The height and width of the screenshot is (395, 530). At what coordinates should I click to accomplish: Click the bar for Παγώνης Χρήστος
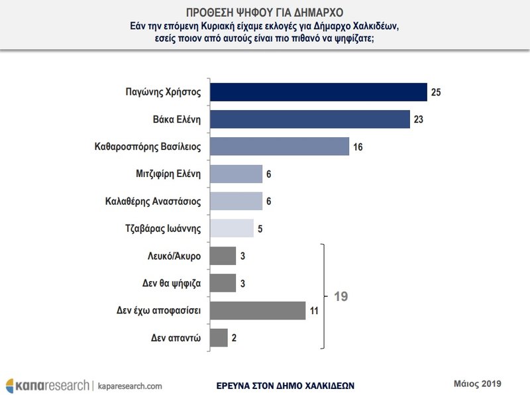(x=318, y=91)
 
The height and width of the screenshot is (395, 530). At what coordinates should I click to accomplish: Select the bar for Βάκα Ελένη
(x=309, y=119)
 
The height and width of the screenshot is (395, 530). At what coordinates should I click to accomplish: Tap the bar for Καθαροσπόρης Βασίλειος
(x=279, y=146)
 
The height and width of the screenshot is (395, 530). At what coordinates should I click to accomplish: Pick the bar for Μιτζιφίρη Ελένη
(x=236, y=174)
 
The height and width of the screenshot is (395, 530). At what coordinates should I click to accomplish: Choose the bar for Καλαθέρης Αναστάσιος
(x=236, y=201)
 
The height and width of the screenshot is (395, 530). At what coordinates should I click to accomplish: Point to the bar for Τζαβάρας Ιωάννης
(x=231, y=228)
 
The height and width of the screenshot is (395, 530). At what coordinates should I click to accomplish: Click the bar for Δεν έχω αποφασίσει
(x=257, y=310)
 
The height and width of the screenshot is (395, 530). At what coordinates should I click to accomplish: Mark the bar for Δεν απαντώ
(x=219, y=337)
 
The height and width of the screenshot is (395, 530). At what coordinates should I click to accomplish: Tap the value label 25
(x=436, y=91)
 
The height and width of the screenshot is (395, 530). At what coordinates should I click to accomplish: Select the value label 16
(x=358, y=146)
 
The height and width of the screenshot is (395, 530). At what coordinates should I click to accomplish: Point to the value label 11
(x=314, y=310)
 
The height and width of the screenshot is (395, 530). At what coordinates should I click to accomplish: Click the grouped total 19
(x=339, y=296)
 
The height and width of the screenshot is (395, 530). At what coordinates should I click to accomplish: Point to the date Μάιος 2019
(x=478, y=382)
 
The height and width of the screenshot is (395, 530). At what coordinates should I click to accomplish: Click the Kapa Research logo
(x=46, y=384)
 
